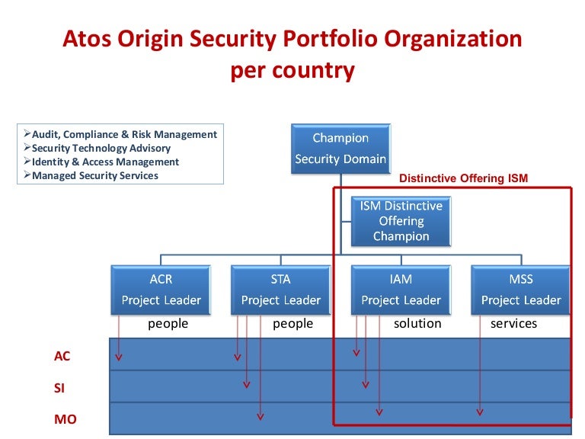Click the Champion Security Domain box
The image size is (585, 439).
coord(340,149)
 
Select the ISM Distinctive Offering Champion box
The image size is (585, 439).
coord(401,221)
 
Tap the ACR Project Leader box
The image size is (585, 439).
coord(161,290)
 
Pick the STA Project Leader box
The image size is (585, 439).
coord(280,290)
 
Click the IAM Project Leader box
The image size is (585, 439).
coord(401,290)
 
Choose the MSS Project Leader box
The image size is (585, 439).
coord(521,290)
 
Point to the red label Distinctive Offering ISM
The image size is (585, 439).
coord(463,178)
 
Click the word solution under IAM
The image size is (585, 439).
coord(417,324)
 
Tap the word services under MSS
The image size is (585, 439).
coord(513,324)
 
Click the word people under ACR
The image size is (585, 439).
coord(168,324)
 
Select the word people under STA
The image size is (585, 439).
coord(293,324)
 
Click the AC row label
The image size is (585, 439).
coord(62,356)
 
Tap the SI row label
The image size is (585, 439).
coord(59,388)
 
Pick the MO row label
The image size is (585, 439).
coord(65,419)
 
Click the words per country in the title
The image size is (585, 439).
coord(292,71)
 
